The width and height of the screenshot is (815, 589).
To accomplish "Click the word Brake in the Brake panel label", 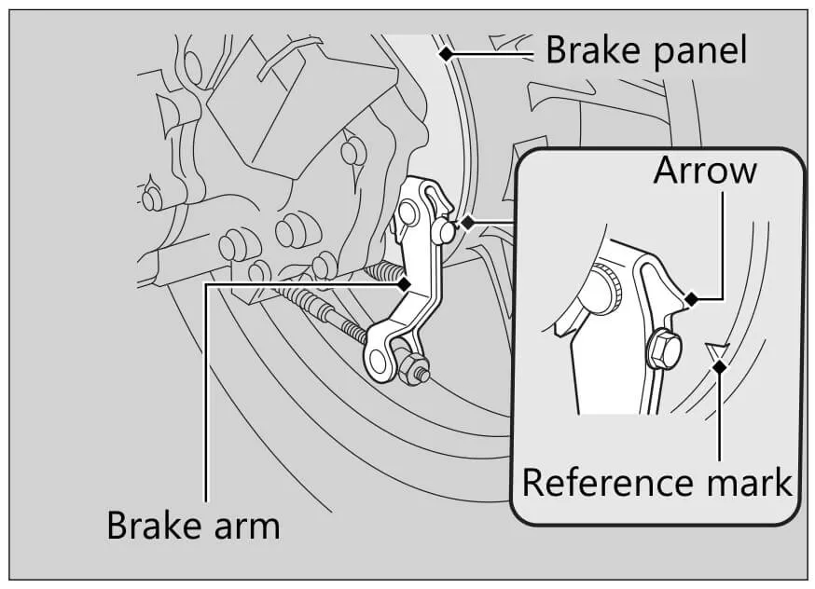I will click(x=587, y=49).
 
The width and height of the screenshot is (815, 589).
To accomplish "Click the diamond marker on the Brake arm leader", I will click(x=405, y=282).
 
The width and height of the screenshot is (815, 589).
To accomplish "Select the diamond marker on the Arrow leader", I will click(x=691, y=298).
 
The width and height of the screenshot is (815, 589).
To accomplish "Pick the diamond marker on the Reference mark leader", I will click(x=719, y=367).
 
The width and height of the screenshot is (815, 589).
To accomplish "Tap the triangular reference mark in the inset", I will click(x=716, y=352).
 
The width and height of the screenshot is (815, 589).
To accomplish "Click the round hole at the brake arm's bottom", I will click(x=380, y=357).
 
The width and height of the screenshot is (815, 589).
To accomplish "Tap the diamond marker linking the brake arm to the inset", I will click(x=466, y=222).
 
